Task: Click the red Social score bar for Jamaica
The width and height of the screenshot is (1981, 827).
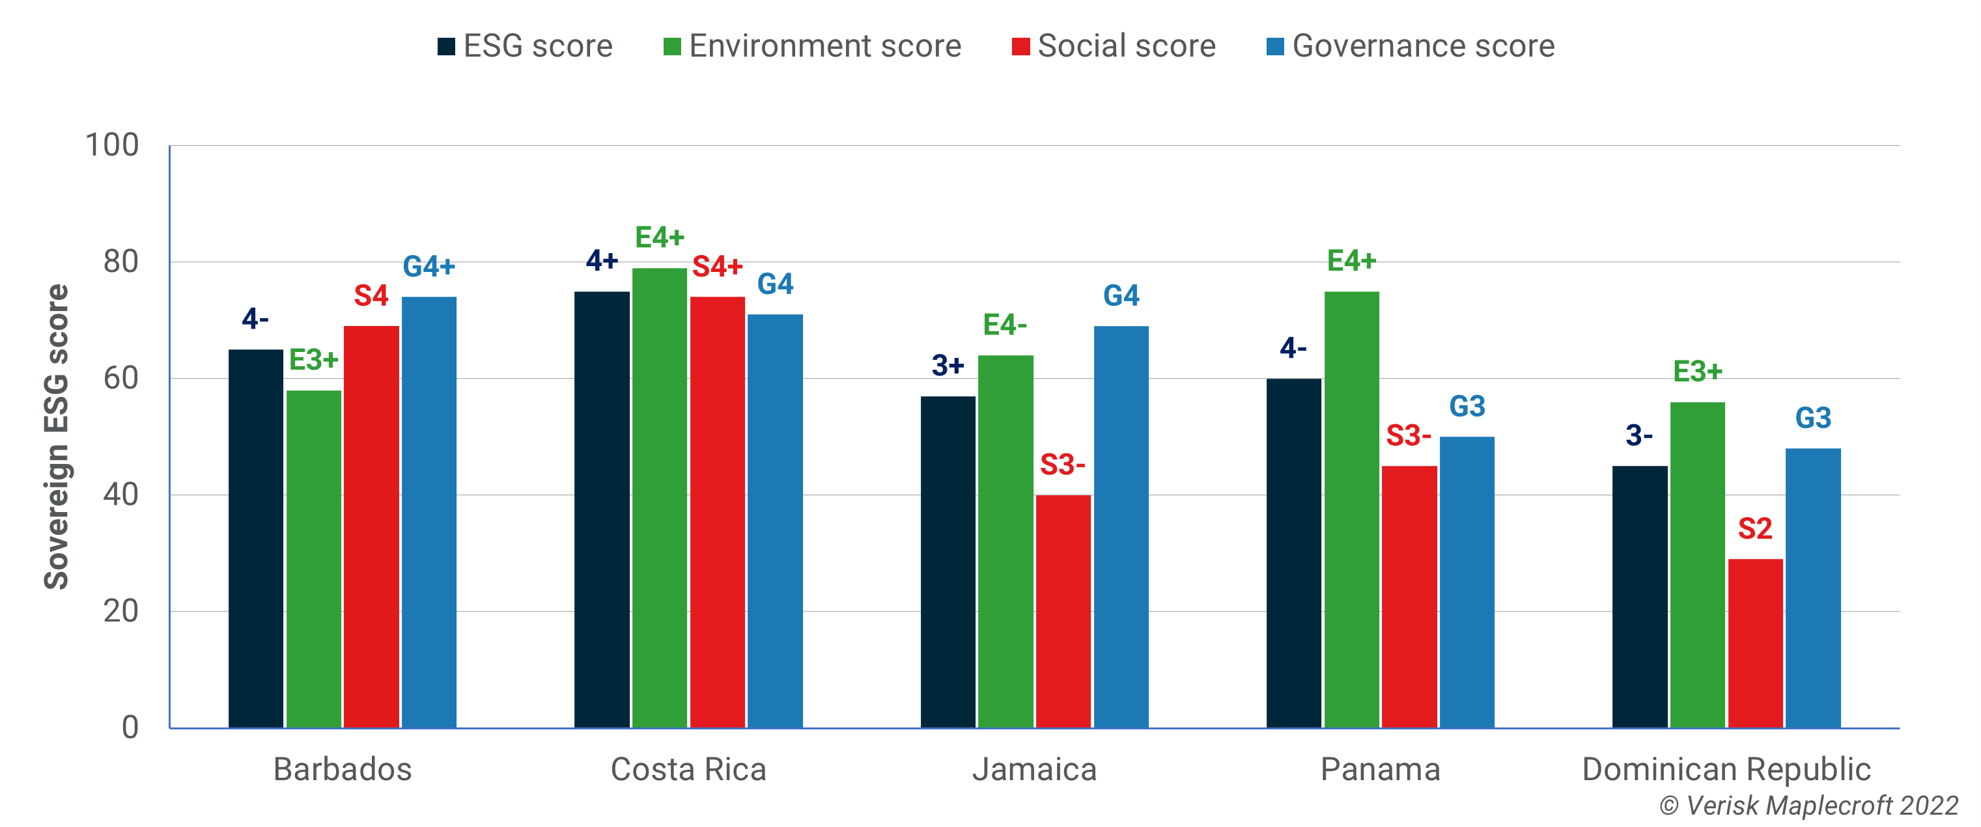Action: [1063, 611]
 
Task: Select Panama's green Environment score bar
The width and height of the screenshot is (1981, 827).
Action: [1351, 509]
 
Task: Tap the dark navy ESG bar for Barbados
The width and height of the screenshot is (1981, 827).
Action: [255, 538]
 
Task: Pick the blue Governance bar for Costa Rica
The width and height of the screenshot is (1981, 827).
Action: [775, 521]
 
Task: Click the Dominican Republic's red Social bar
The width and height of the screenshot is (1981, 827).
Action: [1755, 643]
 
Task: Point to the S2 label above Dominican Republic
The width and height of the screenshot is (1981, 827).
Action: [1755, 529]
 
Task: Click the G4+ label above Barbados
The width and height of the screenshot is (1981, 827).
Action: [429, 267]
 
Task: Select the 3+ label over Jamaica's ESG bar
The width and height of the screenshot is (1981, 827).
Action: [948, 365]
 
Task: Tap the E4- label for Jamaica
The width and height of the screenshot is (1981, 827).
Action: [1005, 325]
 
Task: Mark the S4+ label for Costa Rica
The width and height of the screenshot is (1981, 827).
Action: [717, 267]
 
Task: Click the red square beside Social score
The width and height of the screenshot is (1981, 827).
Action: [1020, 47]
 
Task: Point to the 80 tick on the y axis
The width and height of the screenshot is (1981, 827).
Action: [120, 262]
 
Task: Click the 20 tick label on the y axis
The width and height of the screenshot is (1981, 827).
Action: [120, 611]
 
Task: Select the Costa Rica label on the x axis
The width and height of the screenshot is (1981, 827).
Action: [688, 769]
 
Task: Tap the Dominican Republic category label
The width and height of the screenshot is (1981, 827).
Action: [1726, 769]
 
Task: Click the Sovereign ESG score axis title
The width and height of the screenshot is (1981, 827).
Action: [56, 437]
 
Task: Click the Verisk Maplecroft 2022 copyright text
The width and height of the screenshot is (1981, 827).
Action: [1808, 806]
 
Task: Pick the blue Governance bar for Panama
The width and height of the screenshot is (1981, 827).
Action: [1467, 582]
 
